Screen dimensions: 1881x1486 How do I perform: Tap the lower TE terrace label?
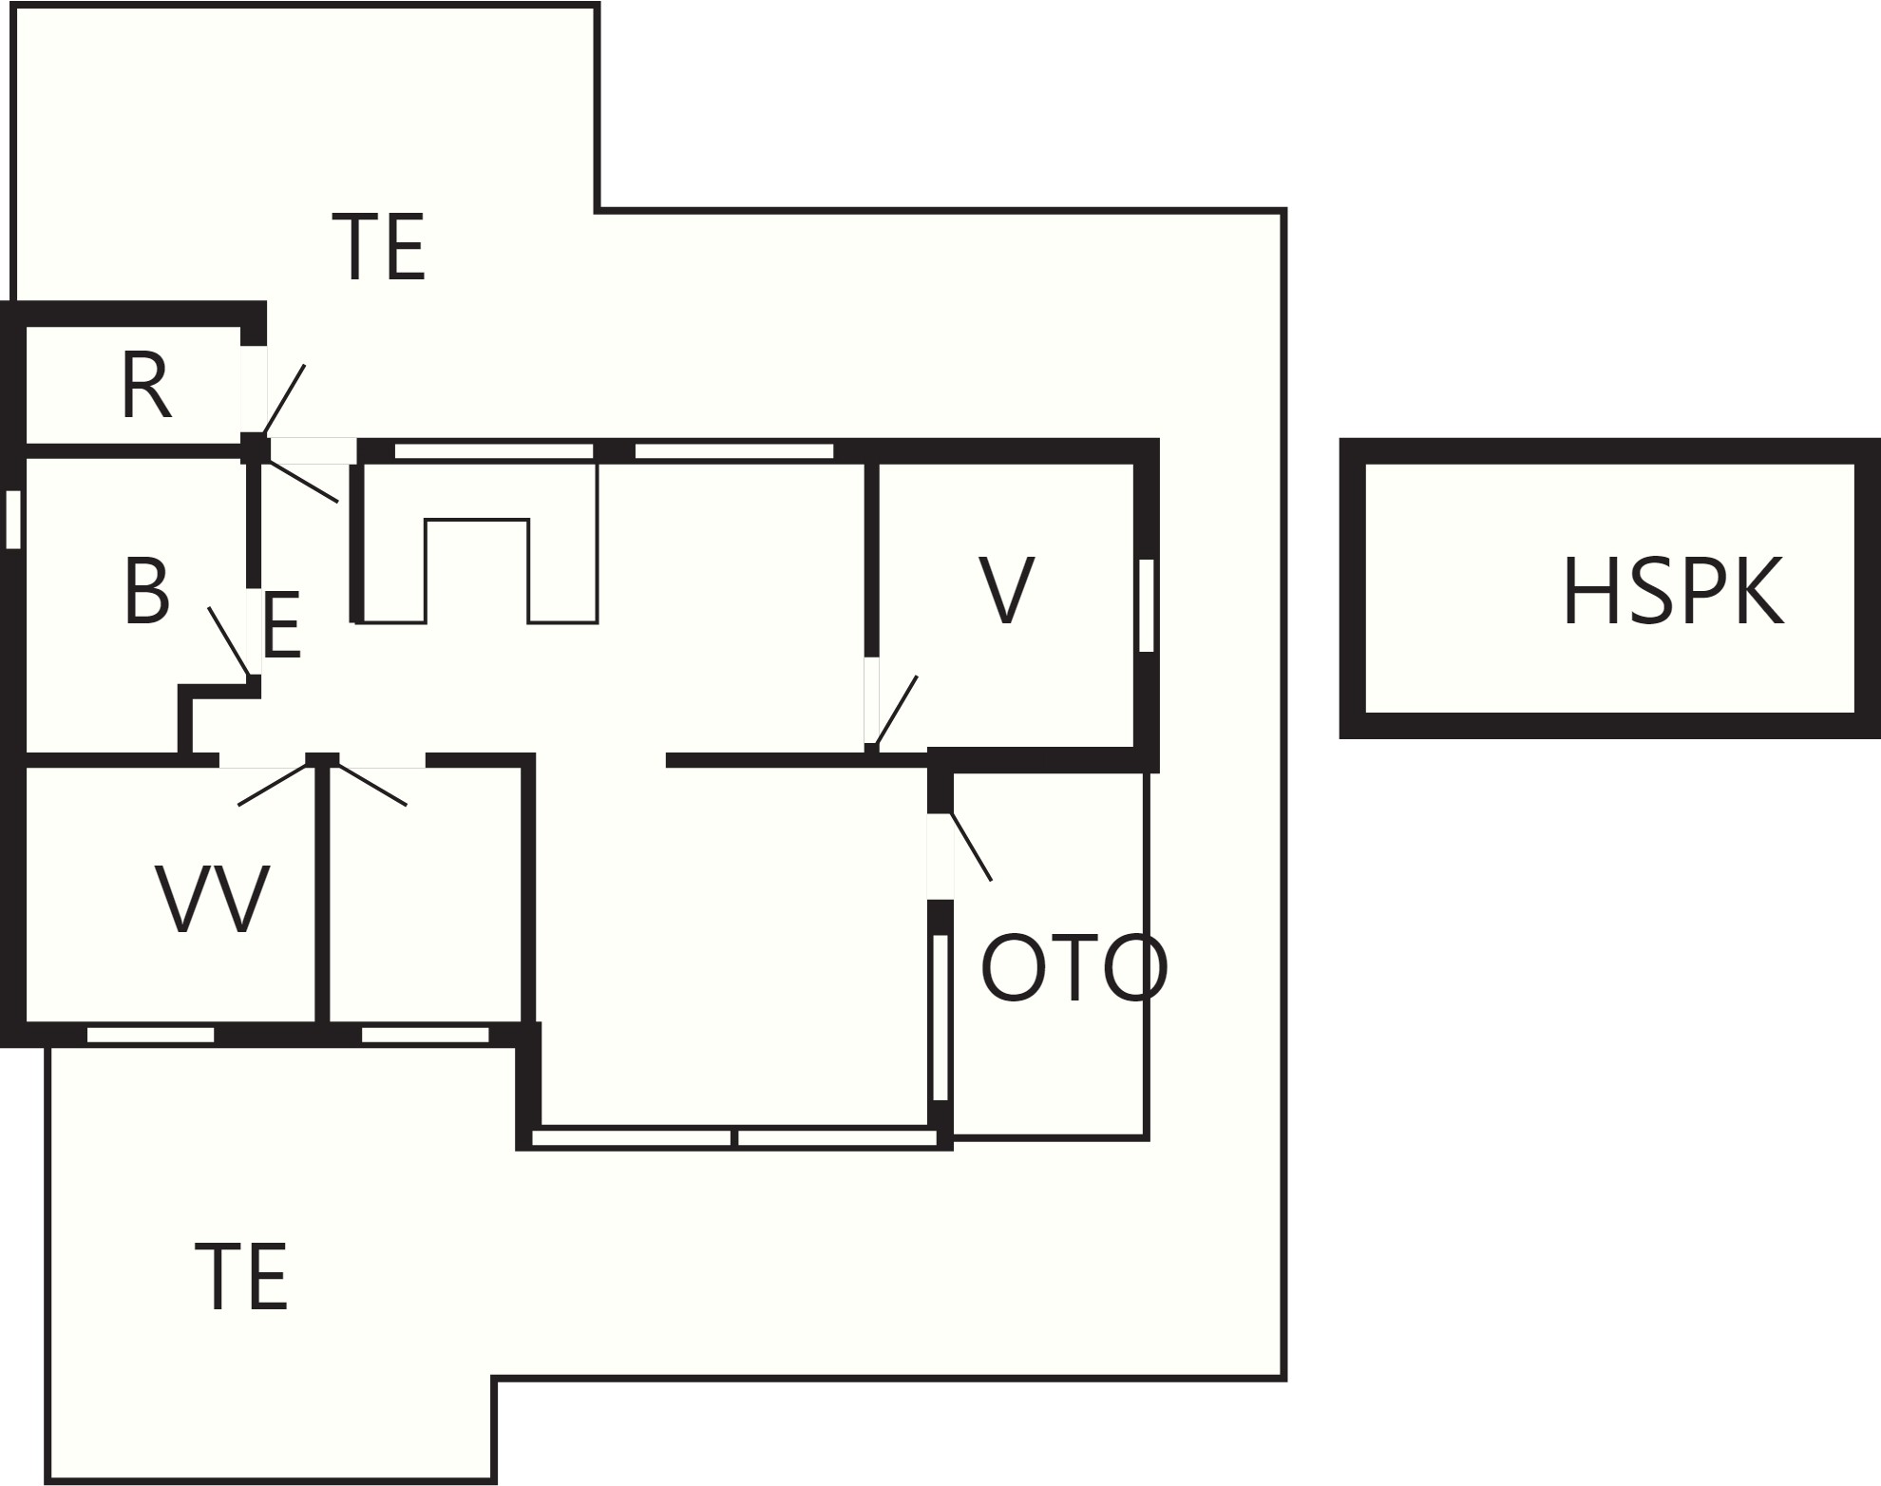(x=241, y=1278)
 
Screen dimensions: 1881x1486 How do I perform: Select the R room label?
(x=146, y=385)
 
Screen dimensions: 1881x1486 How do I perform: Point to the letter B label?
(x=146, y=591)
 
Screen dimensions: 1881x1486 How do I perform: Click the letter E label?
(x=282, y=625)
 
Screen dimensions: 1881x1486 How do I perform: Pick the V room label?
(x=1006, y=591)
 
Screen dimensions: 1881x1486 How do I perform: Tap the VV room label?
(x=213, y=899)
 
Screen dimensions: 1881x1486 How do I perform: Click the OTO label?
(x=1073, y=968)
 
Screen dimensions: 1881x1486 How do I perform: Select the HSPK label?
(x=1673, y=593)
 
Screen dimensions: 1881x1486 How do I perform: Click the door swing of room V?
(x=896, y=710)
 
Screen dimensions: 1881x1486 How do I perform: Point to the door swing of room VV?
(x=275, y=785)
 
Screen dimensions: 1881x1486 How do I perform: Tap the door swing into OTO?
(x=971, y=847)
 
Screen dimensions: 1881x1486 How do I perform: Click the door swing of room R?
(x=284, y=399)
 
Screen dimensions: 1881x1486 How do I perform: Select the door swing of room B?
(x=230, y=641)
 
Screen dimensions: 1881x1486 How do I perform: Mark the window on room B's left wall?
(x=13, y=520)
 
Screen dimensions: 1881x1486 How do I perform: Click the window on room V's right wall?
(x=1147, y=605)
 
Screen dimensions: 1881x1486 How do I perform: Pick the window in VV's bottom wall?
(x=151, y=1035)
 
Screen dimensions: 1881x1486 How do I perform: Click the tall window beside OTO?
(x=940, y=1018)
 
